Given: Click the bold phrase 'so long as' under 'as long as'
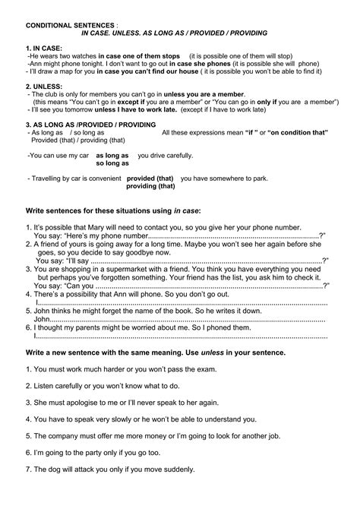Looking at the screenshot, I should (112, 163).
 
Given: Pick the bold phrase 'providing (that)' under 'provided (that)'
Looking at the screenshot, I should (150, 185).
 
